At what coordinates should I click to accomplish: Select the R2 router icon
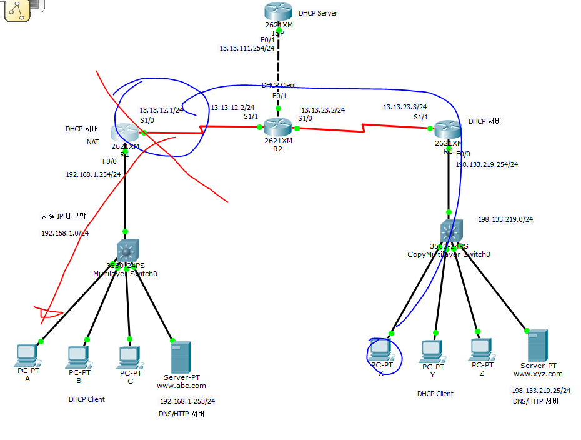pos(278,127)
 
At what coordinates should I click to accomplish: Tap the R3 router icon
pos(447,129)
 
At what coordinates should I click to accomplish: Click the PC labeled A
pos(27,355)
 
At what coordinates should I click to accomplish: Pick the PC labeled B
pos(78,356)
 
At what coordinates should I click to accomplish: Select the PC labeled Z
pos(482,349)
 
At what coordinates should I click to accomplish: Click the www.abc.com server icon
pos(181,357)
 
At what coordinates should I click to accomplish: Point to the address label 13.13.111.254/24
pos(247,48)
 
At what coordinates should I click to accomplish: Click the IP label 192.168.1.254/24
pos(93,174)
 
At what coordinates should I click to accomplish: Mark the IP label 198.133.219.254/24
pos(487,164)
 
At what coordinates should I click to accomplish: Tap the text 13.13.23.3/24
pos(405,107)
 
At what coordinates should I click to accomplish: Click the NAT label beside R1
pos(92,142)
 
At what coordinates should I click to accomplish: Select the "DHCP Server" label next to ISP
pos(317,13)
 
